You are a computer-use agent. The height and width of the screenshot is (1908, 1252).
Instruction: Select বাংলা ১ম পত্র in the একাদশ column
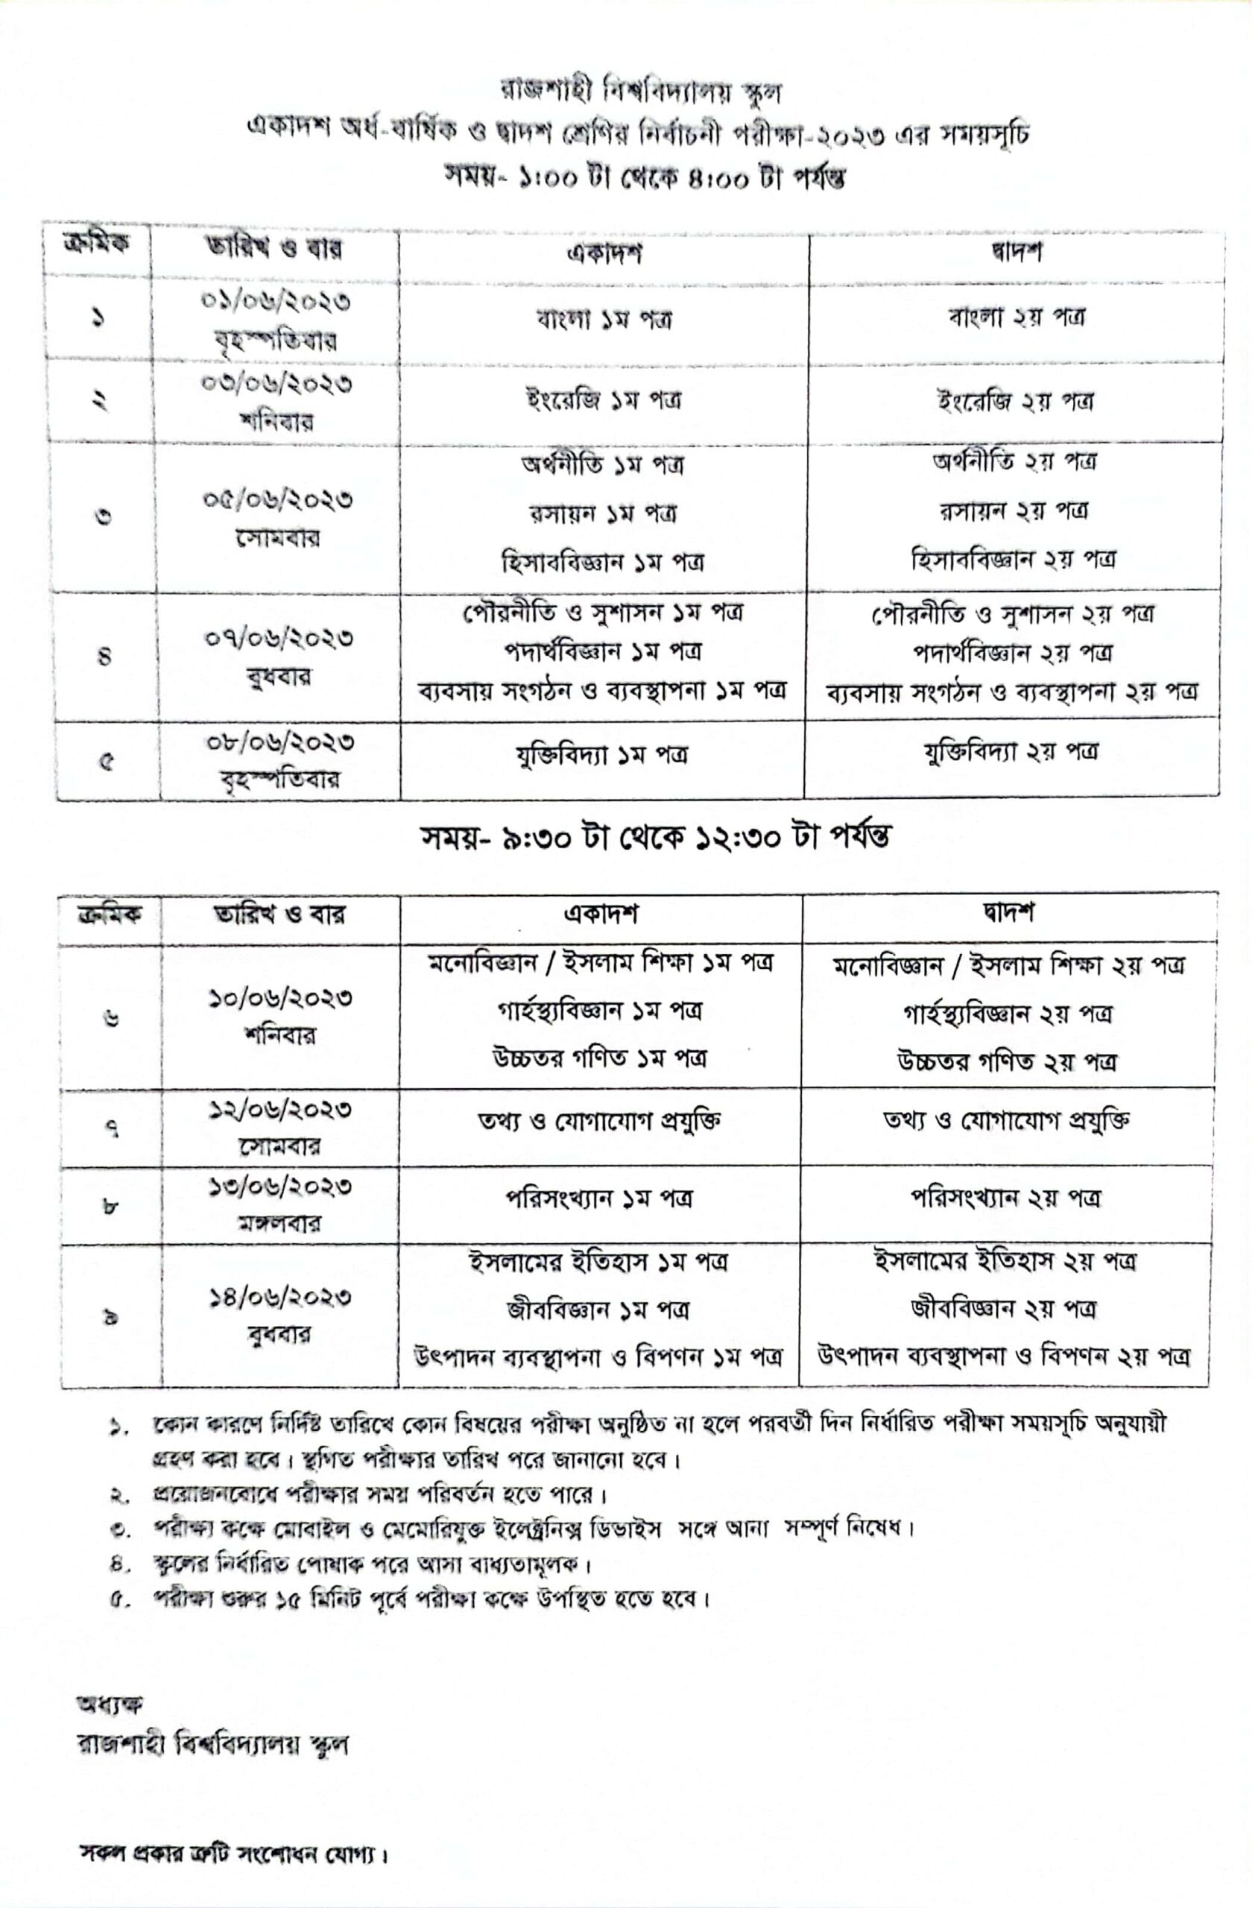[604, 320]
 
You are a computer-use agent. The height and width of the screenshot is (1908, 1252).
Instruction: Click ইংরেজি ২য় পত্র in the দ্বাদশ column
[1015, 401]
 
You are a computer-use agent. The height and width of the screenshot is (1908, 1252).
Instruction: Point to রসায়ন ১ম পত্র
[603, 513]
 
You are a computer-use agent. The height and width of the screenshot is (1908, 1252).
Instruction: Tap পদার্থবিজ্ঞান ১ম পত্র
[603, 651]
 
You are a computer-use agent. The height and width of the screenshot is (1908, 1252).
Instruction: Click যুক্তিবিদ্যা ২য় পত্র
[1010, 753]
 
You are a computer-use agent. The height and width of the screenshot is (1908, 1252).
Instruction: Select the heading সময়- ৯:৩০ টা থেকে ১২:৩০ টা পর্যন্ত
[657, 838]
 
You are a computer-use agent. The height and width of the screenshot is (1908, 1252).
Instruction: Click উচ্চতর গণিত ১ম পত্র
[600, 1059]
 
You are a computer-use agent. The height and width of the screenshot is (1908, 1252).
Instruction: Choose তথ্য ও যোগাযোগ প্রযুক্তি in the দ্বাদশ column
[1006, 1121]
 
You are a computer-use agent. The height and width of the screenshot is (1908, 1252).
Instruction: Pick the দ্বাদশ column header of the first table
[1016, 253]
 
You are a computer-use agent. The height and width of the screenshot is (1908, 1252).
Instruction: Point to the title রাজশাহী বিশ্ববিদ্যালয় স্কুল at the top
[640, 92]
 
